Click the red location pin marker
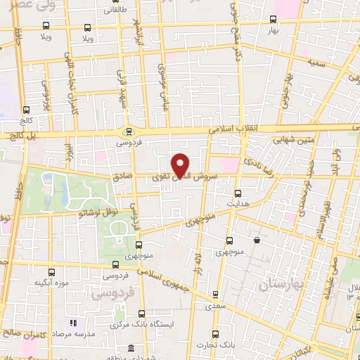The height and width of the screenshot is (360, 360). point(181,165)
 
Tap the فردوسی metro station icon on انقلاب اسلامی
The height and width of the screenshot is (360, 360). point(128,131)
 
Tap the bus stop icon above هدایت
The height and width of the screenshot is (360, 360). point(237,193)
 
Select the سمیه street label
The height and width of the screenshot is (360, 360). point(315,62)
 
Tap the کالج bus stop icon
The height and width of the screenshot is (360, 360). point(26,110)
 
